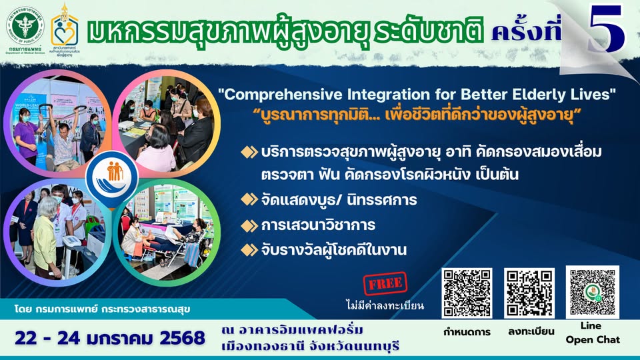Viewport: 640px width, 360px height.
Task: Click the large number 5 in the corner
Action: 607,28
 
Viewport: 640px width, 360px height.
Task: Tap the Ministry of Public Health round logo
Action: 25,26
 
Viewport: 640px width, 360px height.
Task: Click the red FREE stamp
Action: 385,283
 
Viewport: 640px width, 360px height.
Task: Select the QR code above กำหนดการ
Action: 467,293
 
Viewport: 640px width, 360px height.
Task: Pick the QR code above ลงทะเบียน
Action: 529,293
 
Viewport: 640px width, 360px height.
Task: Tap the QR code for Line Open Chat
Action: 592,292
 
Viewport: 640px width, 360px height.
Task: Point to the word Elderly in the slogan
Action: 546,95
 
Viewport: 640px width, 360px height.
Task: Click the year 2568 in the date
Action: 183,339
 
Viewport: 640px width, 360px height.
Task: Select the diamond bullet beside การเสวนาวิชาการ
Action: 249,225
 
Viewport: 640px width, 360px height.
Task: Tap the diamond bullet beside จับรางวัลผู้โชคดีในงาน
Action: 249,250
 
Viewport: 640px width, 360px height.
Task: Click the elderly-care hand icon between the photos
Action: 112,178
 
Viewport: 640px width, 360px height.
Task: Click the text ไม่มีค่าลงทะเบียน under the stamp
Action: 385,305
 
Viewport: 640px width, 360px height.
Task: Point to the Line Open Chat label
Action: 593,333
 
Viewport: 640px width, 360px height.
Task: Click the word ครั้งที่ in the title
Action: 527,31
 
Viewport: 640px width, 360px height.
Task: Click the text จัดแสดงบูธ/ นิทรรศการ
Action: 339,201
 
